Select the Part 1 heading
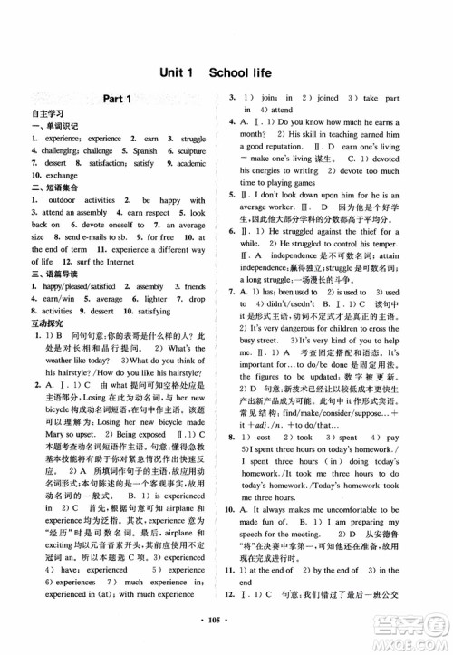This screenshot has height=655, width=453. pyautogui.click(x=118, y=100)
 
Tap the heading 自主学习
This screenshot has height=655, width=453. pyautogui.click(x=35, y=115)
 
